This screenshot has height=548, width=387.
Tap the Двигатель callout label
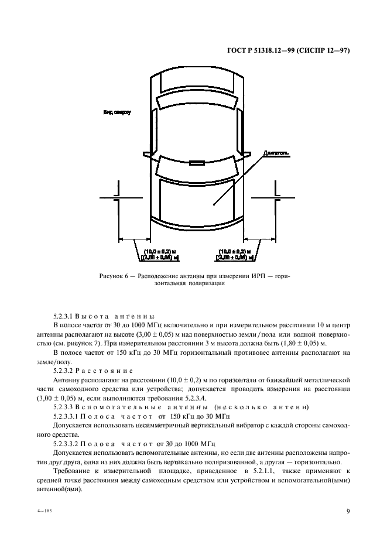click(x=276, y=153)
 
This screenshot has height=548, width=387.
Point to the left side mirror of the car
click(x=147, y=154)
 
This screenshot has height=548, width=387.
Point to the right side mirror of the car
click(x=248, y=154)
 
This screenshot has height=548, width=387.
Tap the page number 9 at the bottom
click(x=347, y=511)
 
